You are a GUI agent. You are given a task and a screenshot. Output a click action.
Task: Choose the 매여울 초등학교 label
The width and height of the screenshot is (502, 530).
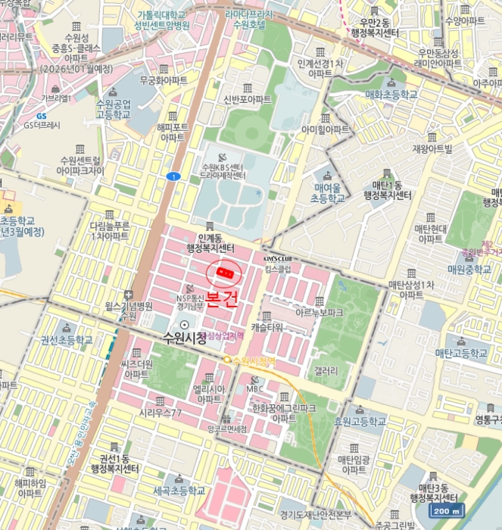[x=327, y=192]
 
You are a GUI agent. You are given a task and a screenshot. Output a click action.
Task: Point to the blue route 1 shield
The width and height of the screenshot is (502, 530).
[x=175, y=176]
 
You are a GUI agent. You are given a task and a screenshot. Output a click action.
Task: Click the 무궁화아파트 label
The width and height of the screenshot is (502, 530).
[x=164, y=79]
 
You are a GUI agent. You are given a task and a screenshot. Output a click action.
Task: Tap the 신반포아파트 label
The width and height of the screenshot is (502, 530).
[x=248, y=99]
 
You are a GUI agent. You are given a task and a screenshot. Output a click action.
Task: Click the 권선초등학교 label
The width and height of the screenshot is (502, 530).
[x=66, y=340]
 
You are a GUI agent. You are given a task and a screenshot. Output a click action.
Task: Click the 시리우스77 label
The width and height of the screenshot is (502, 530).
[x=160, y=413]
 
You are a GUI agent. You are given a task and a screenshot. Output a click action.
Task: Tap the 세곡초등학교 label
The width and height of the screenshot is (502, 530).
[x=179, y=491]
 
